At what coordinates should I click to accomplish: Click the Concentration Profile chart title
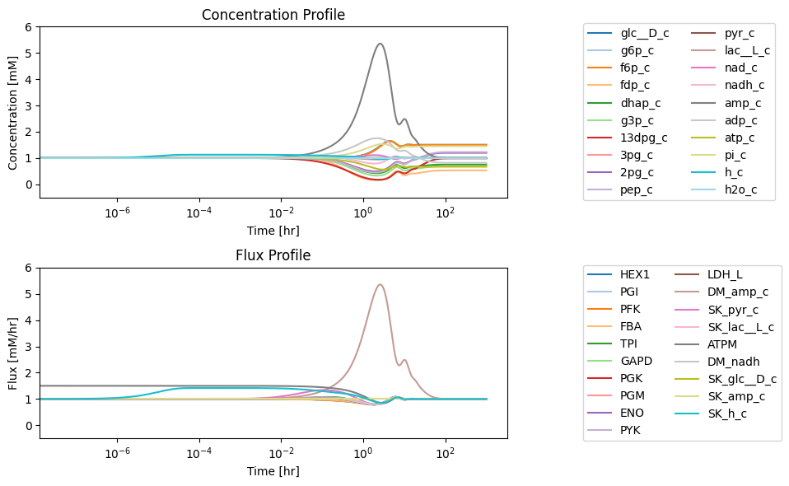[273, 15]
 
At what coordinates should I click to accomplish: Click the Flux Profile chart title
[273, 255]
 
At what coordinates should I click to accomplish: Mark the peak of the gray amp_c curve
[380, 44]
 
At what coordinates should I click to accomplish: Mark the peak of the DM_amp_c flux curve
[380, 285]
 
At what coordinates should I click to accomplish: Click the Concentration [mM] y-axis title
[12, 113]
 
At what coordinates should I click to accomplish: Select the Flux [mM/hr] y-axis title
[12, 353]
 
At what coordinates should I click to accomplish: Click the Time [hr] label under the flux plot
[273, 471]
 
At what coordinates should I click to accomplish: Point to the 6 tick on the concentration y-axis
[28, 27]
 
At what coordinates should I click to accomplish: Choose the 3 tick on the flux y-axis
[28, 347]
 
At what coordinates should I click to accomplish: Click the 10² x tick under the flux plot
[443, 453]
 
